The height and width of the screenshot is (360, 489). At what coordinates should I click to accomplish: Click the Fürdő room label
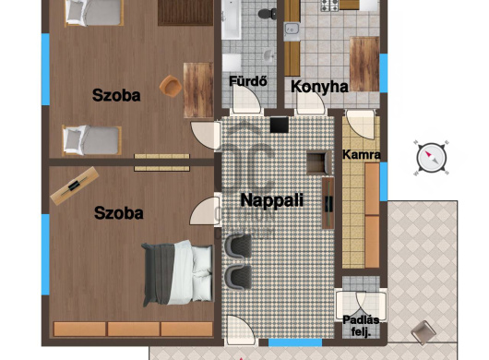click(248, 81)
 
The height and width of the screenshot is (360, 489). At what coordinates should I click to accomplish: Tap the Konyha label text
click(319, 87)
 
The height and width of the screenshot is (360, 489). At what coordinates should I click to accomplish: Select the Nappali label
click(272, 200)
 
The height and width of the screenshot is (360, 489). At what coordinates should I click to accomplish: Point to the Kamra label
click(362, 155)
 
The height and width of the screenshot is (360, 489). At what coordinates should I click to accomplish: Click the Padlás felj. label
click(361, 326)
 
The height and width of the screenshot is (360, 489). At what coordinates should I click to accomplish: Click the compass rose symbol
click(432, 158)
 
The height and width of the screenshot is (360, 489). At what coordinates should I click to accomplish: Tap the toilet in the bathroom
click(268, 14)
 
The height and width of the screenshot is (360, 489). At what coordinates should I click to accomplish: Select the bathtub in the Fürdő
click(231, 19)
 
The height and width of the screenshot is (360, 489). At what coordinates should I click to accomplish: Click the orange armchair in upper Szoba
click(171, 86)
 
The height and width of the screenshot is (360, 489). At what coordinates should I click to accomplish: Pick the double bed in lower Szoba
click(178, 273)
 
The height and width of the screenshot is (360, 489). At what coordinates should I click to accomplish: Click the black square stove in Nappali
click(280, 125)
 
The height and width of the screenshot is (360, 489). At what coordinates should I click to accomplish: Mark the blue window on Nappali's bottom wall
click(295, 342)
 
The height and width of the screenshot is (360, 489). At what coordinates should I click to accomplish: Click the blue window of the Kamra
click(384, 182)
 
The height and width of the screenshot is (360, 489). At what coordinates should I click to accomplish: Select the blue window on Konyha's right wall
click(384, 73)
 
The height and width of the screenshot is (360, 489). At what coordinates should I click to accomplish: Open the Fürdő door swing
click(246, 99)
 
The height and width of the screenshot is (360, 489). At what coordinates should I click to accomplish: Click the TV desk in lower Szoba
click(75, 186)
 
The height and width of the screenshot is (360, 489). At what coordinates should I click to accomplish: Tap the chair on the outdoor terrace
click(423, 332)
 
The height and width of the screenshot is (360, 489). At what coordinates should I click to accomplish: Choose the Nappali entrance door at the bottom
click(241, 330)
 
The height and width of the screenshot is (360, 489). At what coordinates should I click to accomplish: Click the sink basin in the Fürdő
click(268, 55)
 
